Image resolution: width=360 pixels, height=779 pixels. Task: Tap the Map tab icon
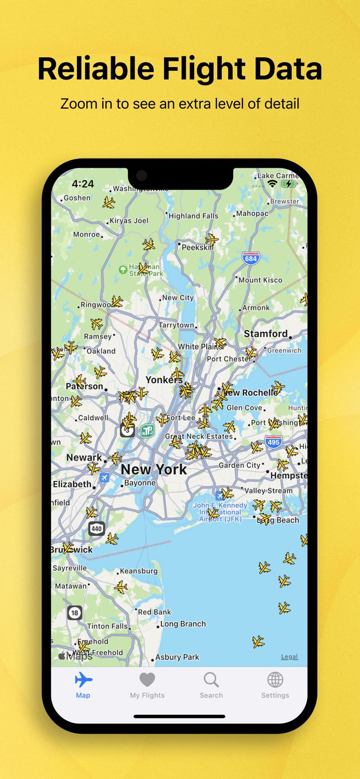point(83,680)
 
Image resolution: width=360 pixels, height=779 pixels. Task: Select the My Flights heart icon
point(147,680)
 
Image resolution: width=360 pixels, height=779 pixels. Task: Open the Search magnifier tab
point(211,679)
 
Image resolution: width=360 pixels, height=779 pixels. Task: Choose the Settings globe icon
point(275,679)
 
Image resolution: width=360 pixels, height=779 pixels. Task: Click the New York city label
point(154,469)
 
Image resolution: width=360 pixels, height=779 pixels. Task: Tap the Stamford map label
point(265,333)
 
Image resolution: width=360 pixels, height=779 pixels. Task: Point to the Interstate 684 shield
point(251,258)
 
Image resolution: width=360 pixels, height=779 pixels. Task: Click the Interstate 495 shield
point(273,442)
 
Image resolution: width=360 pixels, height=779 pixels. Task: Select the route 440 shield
point(96,529)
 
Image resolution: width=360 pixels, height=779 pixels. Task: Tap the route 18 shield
point(75,613)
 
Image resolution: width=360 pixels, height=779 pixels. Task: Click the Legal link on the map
point(289,656)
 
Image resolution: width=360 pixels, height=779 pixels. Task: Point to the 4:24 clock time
point(83,184)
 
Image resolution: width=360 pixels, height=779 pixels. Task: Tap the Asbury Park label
point(177,657)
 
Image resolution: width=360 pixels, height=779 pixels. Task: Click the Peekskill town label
point(197,248)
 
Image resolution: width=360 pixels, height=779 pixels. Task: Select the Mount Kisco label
point(260,280)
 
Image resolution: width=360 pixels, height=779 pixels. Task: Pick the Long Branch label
point(183,624)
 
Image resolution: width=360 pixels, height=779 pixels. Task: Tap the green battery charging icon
point(288,184)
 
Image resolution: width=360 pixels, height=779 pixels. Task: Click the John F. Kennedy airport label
point(220,512)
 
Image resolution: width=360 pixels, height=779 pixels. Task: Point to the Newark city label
point(84,458)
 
